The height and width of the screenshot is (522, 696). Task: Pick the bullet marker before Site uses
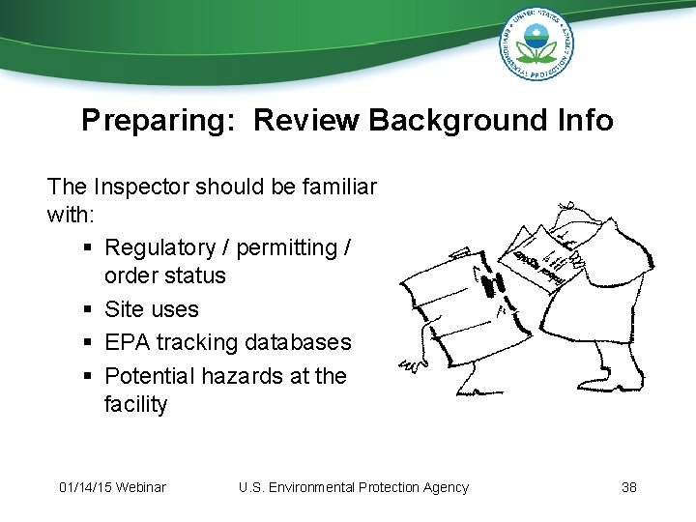coord(89,310)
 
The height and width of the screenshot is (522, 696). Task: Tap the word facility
coord(135,404)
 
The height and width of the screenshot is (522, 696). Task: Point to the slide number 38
coord(628,487)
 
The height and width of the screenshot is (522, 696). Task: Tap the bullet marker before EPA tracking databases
coord(89,343)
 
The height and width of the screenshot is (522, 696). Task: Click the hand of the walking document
coord(408,366)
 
